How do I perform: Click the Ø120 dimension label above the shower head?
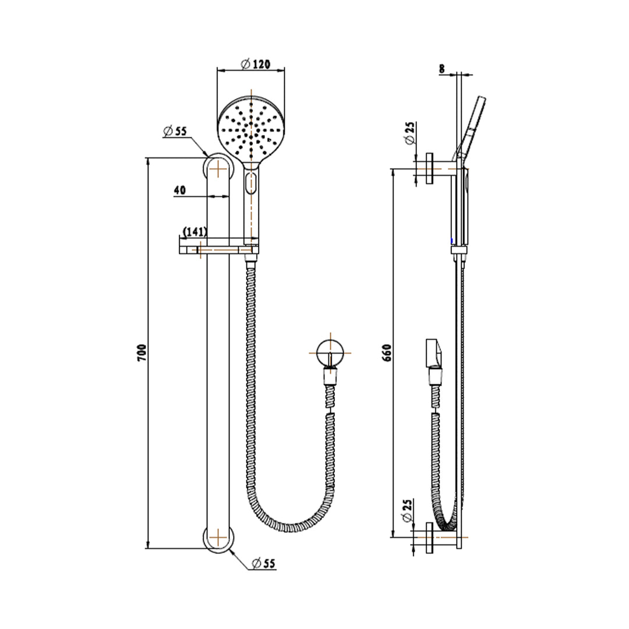pyautogui.click(x=255, y=64)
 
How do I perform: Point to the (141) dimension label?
pyautogui.click(x=195, y=232)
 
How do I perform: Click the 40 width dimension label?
pyautogui.click(x=179, y=190)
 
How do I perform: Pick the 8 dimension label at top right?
pyautogui.click(x=442, y=69)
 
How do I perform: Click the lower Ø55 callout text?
pyautogui.click(x=263, y=563)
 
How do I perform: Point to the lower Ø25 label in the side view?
pyautogui.click(x=407, y=510)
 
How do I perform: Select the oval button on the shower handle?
pyautogui.click(x=252, y=183)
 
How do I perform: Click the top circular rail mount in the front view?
pyautogui.click(x=218, y=169)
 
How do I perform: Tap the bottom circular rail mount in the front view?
pyautogui.click(x=218, y=536)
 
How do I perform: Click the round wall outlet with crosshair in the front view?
pyautogui.click(x=330, y=353)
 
